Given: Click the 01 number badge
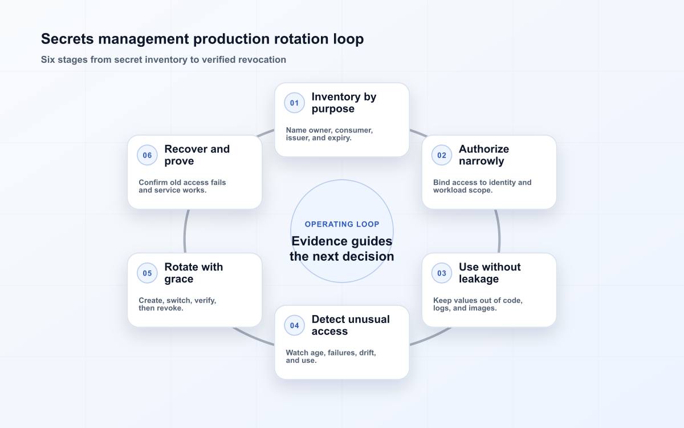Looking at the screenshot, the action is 294,103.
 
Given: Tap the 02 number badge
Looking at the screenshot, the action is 442,155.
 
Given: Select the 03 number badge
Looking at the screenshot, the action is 442,273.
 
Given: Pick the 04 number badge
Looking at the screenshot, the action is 294,325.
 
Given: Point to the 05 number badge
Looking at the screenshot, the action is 147,273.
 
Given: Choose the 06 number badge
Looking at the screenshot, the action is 147,155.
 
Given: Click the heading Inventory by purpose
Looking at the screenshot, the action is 344,103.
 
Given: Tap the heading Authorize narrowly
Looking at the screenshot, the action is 484,155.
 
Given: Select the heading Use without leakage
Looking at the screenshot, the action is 490,273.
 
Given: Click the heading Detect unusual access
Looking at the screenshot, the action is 351,325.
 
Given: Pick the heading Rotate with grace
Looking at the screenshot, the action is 194,273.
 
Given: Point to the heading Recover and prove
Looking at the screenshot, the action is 197,155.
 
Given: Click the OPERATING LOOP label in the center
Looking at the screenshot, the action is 342,224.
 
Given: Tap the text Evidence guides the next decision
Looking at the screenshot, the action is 341,249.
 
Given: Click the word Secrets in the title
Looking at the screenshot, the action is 67,39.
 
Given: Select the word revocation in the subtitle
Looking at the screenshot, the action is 262,59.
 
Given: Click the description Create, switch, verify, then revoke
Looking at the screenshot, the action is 177,304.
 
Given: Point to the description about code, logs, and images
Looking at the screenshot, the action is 478,304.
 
